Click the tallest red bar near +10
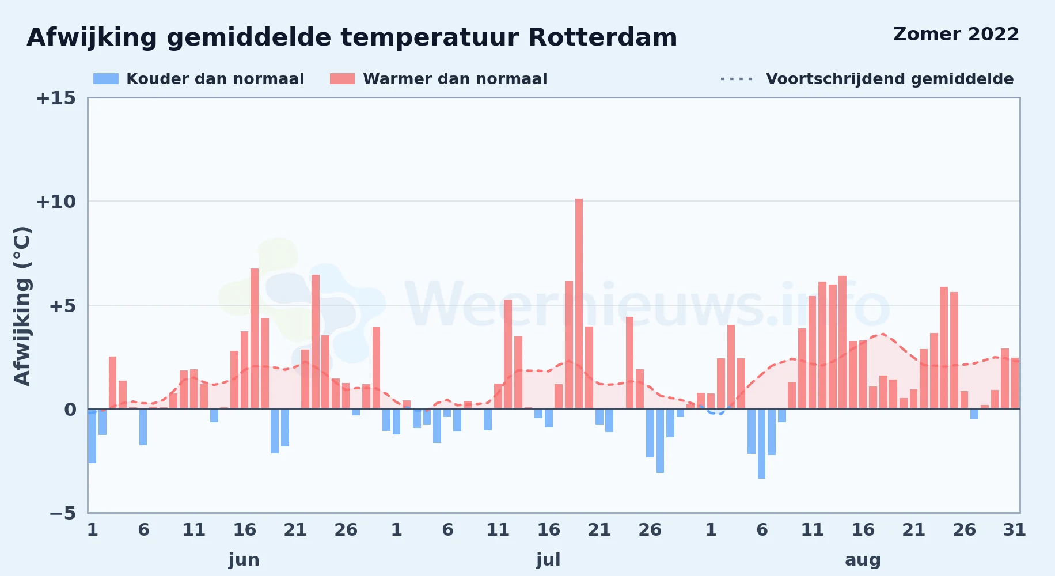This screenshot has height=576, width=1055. tap(579, 304)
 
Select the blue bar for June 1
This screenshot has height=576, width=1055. tap(92, 436)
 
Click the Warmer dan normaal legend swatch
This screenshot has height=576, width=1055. tap(342, 79)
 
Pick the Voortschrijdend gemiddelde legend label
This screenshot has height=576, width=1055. tap(890, 79)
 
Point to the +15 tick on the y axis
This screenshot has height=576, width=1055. tap(56, 98)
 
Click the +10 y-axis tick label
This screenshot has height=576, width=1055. tap(56, 202)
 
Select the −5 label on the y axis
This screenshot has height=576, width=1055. tap(63, 513)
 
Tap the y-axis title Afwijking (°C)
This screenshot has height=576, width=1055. tap(22, 306)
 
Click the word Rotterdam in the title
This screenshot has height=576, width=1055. tap(602, 37)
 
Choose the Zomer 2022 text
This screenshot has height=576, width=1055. tap(956, 34)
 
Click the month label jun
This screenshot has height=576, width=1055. tap(244, 560)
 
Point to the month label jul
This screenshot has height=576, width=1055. tap(548, 560)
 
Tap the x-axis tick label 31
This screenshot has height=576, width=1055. tap(1015, 530)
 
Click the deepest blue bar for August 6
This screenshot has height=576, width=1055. tap(761, 444)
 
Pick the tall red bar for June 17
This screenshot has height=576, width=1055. tap(255, 339)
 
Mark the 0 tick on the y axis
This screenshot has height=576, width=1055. tap(70, 410)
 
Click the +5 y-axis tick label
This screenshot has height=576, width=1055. tap(62, 306)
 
